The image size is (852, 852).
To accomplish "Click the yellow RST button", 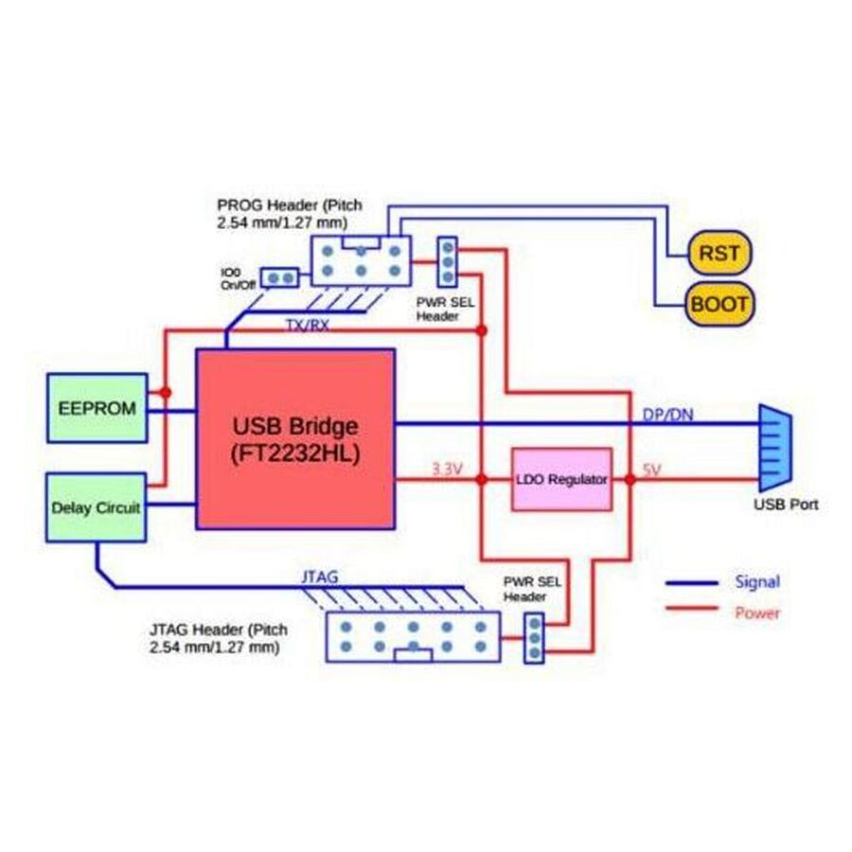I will (x=719, y=253).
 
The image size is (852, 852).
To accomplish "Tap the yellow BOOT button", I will (x=719, y=304).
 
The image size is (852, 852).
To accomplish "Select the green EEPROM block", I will (x=98, y=408).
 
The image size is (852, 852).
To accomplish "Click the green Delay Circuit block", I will (x=97, y=507).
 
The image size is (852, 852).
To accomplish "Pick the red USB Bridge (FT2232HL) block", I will (x=295, y=438).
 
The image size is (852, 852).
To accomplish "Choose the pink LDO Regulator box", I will (x=561, y=479).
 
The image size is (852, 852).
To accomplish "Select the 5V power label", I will (x=654, y=469).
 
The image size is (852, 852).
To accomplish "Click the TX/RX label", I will (x=308, y=325).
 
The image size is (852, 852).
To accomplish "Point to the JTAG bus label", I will (x=319, y=575).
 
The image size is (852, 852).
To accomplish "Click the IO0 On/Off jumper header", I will (x=280, y=277).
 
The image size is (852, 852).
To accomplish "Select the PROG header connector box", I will (x=362, y=261).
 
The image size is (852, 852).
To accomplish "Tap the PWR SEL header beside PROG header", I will (x=447, y=262).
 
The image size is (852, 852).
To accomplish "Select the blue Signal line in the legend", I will (x=692, y=582).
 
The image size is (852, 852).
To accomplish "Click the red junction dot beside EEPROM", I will (x=165, y=392).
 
